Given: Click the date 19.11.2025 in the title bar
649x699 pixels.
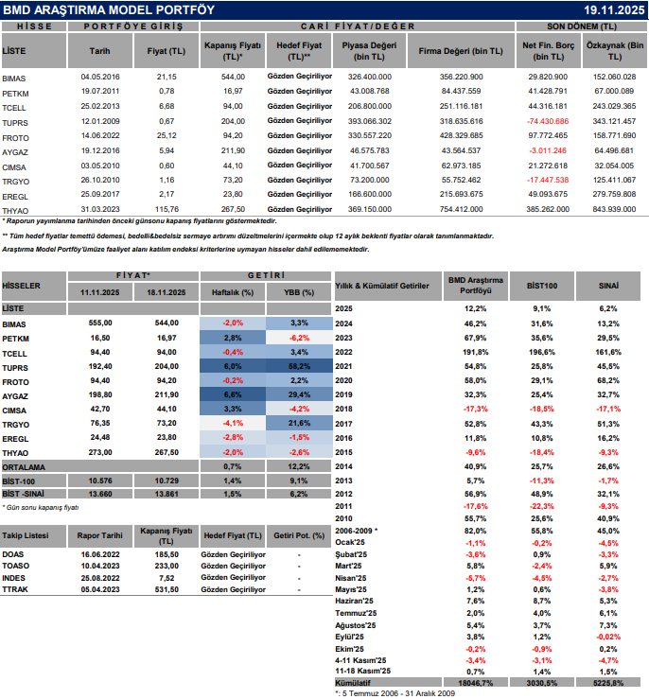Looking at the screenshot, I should click(x=614, y=9).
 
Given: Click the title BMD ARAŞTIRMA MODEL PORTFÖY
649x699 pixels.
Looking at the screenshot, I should click(x=110, y=9).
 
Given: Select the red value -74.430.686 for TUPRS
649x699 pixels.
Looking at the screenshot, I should click(x=549, y=122).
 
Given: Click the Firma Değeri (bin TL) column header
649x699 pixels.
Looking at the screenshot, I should click(x=462, y=50).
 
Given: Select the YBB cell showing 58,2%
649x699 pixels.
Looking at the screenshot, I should click(x=299, y=365).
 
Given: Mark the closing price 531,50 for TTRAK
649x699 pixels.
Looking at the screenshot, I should click(x=167, y=589).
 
